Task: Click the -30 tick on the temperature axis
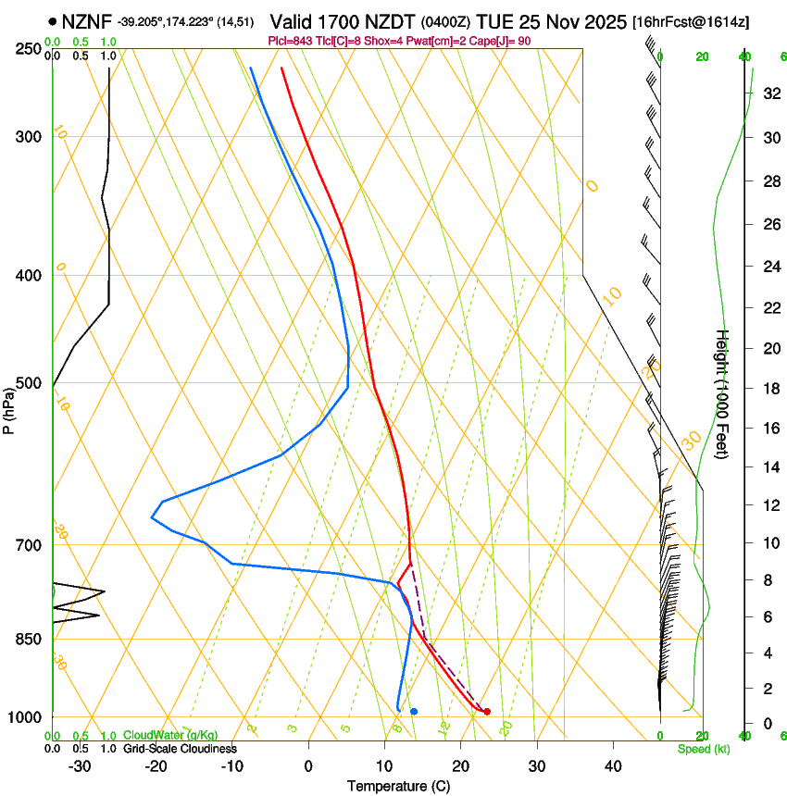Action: (80, 766)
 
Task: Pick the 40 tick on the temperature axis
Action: (612, 766)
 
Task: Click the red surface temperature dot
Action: (487, 711)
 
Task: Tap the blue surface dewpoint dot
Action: (414, 711)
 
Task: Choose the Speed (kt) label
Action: (703, 749)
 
